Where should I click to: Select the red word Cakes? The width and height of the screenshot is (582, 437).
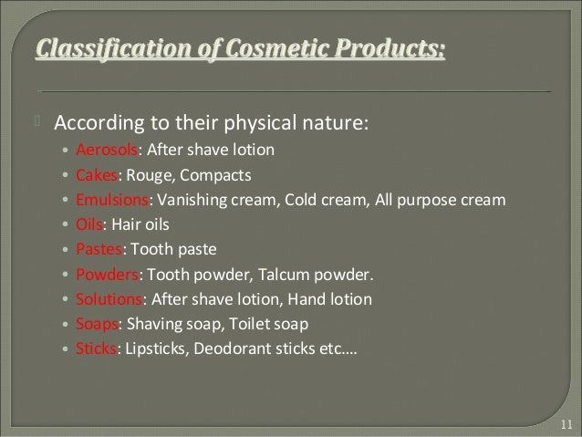point(96,174)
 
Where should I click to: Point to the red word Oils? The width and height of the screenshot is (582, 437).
point(90,224)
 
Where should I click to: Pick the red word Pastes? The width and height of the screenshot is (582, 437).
point(98,248)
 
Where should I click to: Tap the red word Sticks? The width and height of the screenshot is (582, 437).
point(96,348)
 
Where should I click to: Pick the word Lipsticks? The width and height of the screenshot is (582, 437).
point(151,348)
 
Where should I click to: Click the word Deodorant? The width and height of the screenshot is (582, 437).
point(227,348)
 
